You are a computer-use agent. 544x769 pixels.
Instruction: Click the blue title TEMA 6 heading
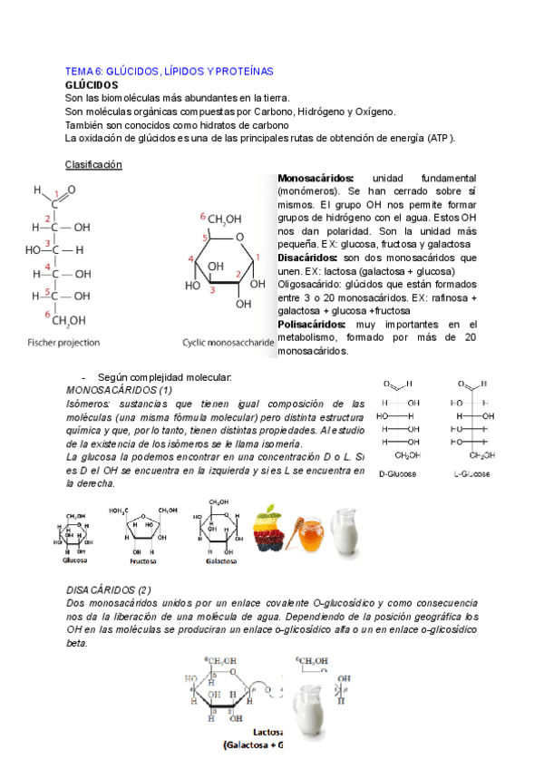pyautogui.click(x=170, y=71)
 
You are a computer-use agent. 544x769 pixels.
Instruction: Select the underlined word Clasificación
pyautogui.click(x=93, y=164)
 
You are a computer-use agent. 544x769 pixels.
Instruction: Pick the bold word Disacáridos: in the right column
pyautogui.click(x=312, y=258)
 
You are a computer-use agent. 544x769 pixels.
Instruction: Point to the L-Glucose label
pyautogui.click(x=471, y=473)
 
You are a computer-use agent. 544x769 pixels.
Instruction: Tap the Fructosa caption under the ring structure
pyautogui.click(x=143, y=560)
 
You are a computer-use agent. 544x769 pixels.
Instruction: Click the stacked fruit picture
pyautogui.click(x=273, y=526)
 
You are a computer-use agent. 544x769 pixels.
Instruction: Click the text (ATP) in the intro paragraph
pyautogui.click(x=439, y=138)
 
